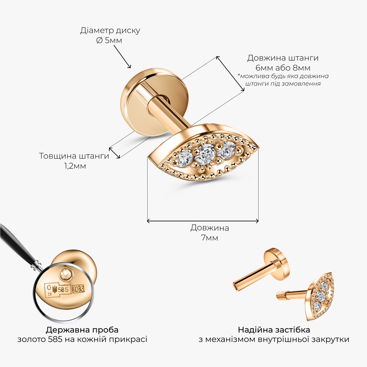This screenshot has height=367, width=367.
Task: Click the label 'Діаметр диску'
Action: [x=110, y=31]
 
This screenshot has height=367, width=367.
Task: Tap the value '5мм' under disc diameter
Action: [x=113, y=40]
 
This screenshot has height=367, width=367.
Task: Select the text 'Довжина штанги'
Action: [x=283, y=58]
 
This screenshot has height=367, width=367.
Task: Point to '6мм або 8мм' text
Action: [x=283, y=68]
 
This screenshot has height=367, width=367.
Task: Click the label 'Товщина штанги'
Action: [x=74, y=156]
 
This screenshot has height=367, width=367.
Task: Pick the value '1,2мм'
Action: [x=75, y=166]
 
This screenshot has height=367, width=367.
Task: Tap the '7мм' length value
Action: [x=210, y=238]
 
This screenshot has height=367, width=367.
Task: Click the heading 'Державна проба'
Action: [x=82, y=330]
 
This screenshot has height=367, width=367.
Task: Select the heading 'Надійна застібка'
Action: [x=274, y=330]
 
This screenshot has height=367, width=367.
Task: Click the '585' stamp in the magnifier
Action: [x=64, y=290]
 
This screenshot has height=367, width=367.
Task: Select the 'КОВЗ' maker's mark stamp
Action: [x=78, y=289]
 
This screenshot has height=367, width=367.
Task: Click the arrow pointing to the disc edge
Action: [x=122, y=56]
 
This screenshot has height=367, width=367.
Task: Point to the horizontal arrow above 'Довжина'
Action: [x=203, y=221]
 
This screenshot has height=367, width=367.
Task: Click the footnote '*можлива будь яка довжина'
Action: [x=283, y=76]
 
